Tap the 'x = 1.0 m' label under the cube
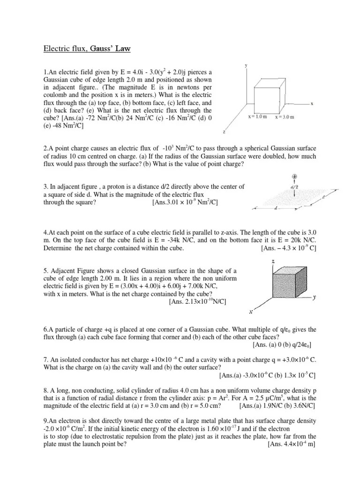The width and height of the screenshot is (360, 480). click(258, 117)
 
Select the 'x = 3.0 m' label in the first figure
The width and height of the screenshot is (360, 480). click(285, 117)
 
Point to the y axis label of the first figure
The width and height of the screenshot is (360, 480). click(246, 66)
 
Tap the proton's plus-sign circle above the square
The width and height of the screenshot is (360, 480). click(295, 177)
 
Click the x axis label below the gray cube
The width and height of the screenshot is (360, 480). click(251, 312)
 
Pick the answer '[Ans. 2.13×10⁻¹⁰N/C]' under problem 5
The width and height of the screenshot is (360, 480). click(197, 301)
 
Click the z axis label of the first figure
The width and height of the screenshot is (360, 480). click(225, 132)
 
